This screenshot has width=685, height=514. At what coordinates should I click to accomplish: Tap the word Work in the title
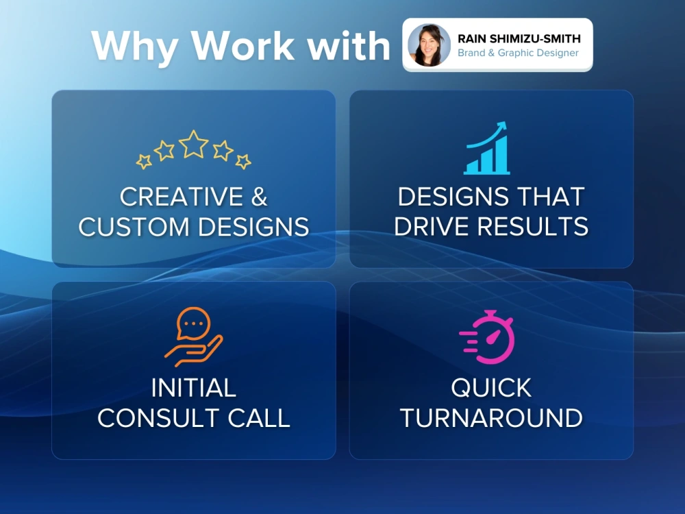[x=244, y=47]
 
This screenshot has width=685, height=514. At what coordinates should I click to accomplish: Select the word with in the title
[x=349, y=47]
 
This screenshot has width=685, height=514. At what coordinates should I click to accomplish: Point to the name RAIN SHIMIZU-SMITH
[x=519, y=39]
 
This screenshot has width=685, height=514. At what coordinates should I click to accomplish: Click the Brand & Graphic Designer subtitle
[x=518, y=53]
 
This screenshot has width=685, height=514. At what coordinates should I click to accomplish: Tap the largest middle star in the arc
[x=193, y=143]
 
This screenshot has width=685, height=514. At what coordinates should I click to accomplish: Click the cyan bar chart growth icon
[x=488, y=151]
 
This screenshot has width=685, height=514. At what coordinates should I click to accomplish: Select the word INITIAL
[x=193, y=388]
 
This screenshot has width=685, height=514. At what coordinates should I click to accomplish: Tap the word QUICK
[x=491, y=388]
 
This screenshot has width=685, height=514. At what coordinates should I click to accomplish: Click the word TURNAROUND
[x=491, y=418]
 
